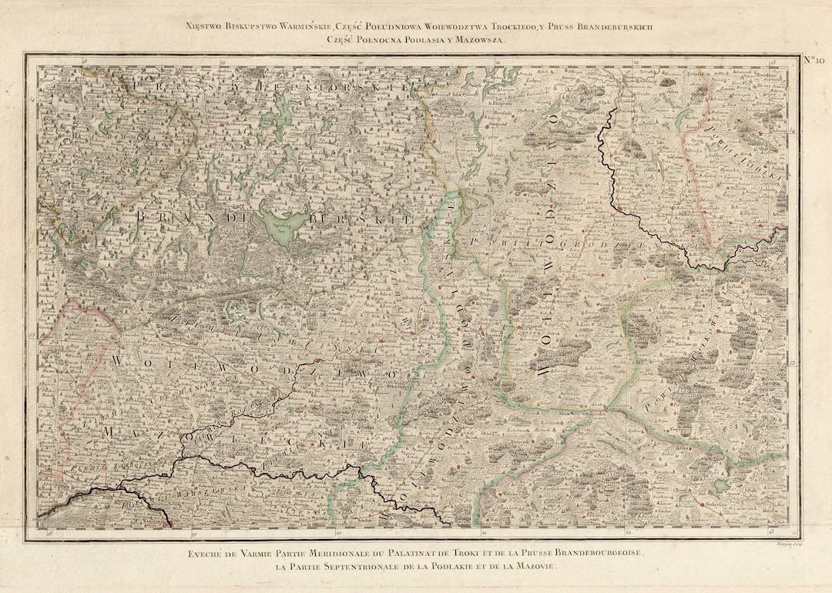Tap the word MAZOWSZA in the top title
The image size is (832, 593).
(475, 39)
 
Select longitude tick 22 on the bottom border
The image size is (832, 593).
(628, 532)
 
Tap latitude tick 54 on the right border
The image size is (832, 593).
(793, 132)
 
